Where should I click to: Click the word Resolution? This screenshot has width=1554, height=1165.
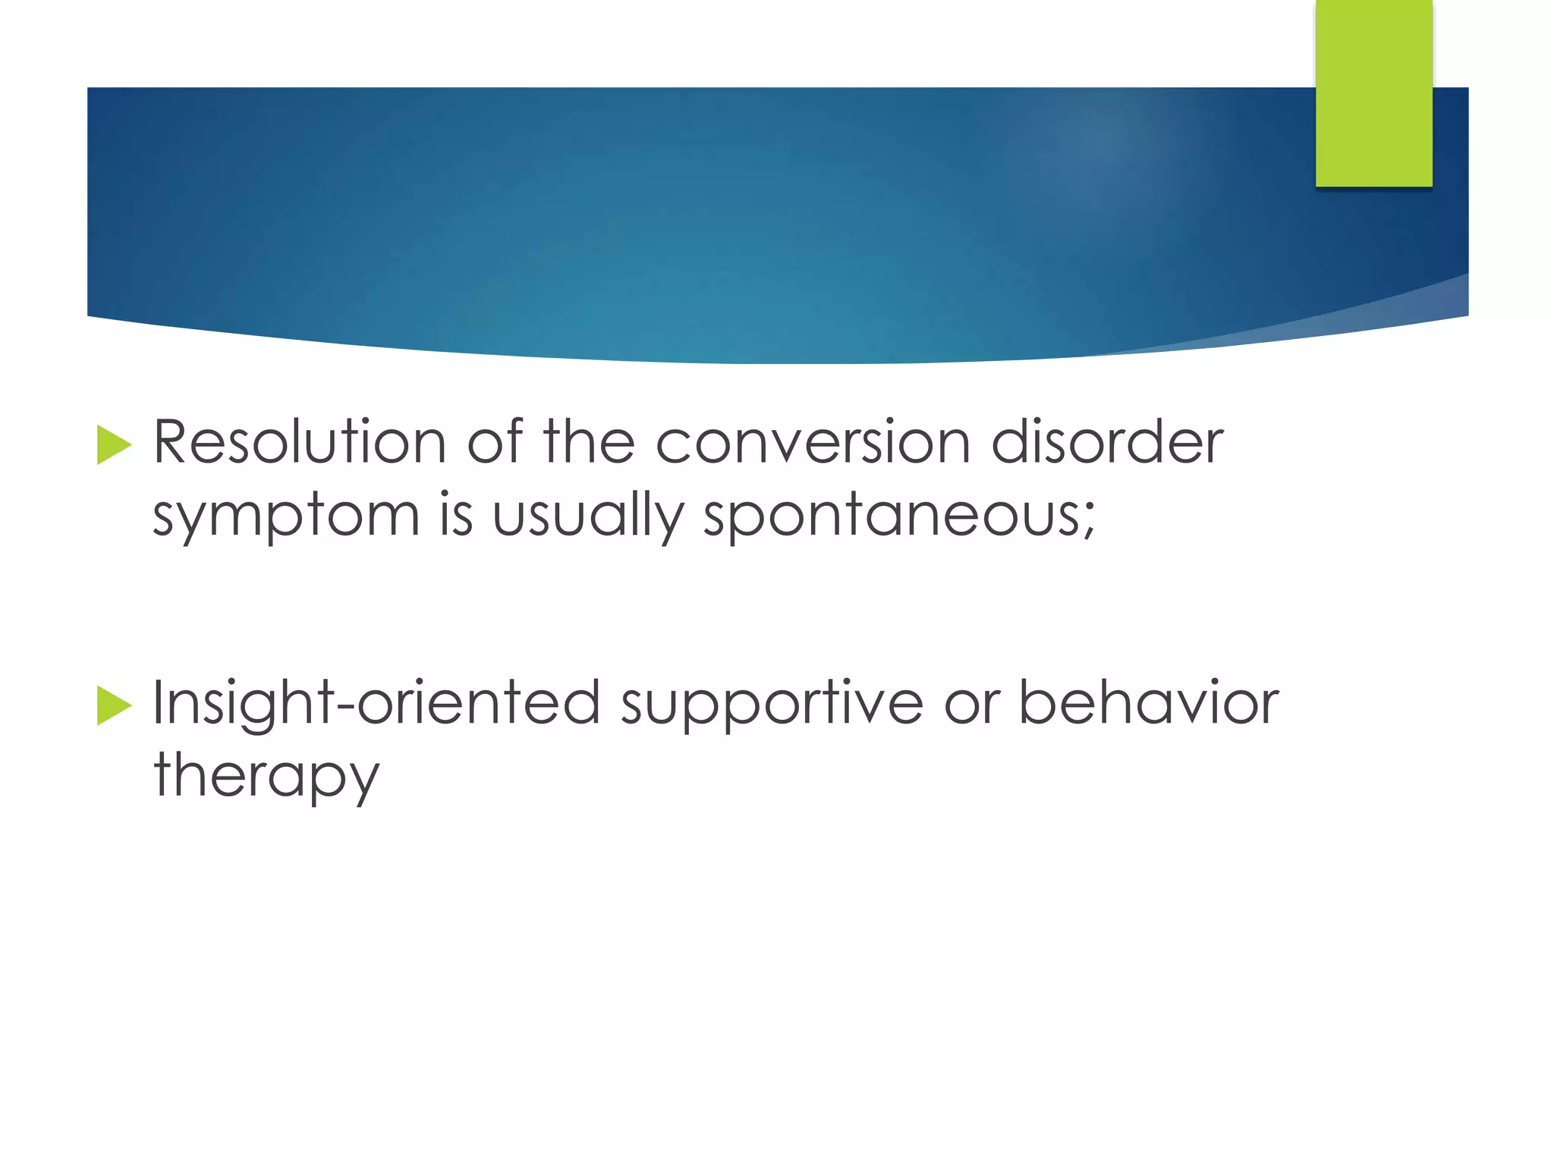tap(299, 443)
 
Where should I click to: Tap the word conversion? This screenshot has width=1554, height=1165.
tap(813, 443)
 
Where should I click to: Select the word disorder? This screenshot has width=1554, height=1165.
tap(1107, 443)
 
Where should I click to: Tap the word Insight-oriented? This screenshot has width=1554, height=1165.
tap(376, 704)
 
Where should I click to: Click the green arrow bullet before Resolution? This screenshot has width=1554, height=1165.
tap(114, 445)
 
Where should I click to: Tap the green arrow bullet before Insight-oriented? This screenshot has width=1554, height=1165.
tap(114, 706)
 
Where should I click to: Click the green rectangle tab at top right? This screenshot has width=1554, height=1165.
tap(1373, 94)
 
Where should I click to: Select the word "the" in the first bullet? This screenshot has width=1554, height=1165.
tap(589, 443)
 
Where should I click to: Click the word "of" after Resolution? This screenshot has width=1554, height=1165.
tap(494, 443)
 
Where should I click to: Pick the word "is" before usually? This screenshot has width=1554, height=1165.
tap(456, 516)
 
